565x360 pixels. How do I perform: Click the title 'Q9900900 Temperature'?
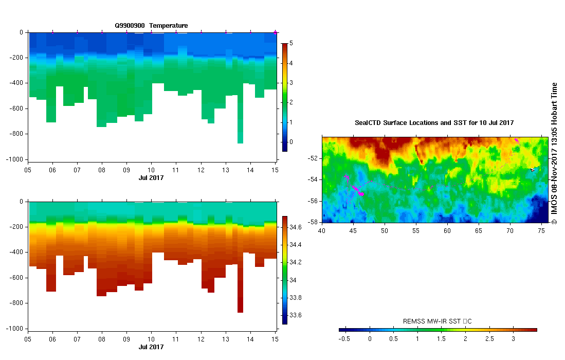[151, 25]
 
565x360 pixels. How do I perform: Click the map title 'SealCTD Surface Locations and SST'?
[434, 123]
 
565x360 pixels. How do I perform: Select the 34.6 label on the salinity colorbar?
[296, 227]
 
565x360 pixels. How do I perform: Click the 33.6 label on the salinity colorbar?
[296, 315]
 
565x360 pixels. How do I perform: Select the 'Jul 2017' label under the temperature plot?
[151, 177]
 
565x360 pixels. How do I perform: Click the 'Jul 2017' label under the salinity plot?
[151, 347]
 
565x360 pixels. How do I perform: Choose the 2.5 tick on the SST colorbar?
[489, 339]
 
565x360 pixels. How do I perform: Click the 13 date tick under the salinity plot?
[225, 339]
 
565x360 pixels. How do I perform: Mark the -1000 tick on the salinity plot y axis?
[15, 328]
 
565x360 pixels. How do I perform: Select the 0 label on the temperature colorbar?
[291, 141]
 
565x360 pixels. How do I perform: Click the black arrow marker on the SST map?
[533, 169]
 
